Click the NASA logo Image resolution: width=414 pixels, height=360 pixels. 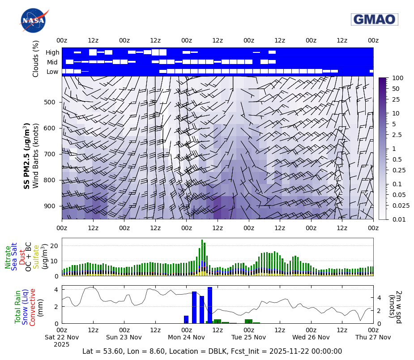click(33, 21)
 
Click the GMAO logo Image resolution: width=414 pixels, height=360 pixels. click(374, 19)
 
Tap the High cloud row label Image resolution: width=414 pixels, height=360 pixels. click(52, 52)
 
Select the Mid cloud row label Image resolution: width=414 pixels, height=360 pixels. click(53, 62)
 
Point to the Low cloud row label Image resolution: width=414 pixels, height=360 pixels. click(52, 72)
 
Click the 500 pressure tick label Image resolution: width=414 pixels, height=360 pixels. click(50, 102)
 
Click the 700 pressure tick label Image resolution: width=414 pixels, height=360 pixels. click(50, 154)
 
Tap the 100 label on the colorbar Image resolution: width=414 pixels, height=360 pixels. click(397, 78)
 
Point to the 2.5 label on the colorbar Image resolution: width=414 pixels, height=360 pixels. click(397, 135)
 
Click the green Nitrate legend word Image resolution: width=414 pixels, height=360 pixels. click(8, 257)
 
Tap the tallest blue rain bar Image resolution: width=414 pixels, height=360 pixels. click(210, 305)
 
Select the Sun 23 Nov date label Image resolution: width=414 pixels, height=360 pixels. click(124, 337)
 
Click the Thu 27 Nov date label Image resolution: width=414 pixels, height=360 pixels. click(373, 337)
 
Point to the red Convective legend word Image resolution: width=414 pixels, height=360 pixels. click(33, 307)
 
